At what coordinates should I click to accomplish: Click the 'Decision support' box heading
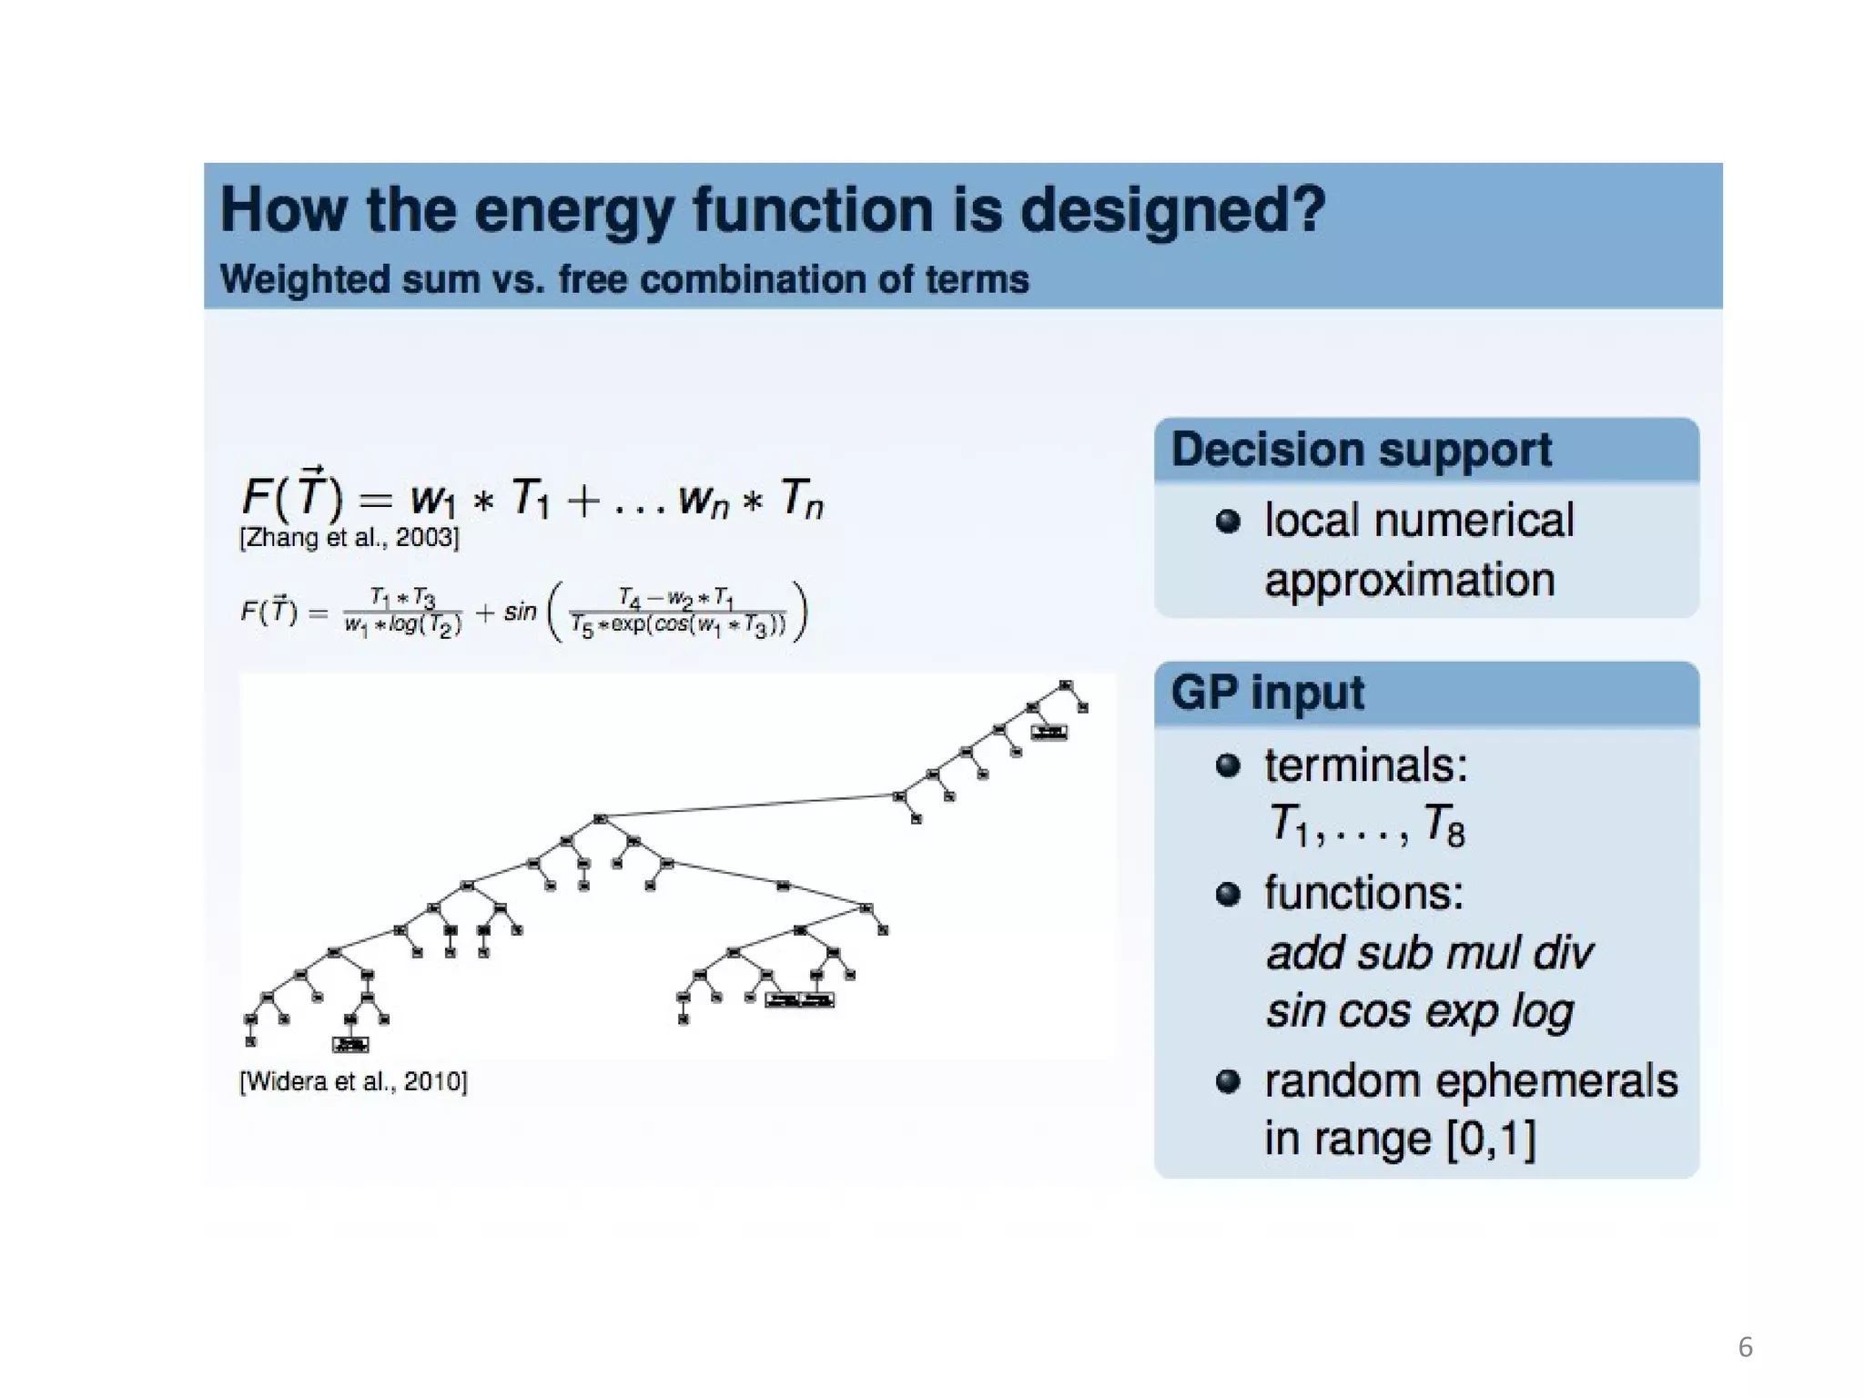click(1361, 450)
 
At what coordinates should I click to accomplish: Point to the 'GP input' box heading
click(1267, 693)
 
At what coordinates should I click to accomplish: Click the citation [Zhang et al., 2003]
click(349, 538)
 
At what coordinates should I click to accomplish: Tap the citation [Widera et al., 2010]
click(353, 1081)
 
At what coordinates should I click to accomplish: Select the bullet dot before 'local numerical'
click(1228, 522)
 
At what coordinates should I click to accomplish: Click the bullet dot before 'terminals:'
click(1228, 765)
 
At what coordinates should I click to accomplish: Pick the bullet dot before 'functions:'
click(1228, 894)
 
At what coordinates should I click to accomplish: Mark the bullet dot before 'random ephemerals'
click(1228, 1081)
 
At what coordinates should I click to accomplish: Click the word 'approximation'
click(1409, 581)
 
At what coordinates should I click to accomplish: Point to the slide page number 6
click(1745, 1347)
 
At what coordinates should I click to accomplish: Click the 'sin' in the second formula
click(520, 612)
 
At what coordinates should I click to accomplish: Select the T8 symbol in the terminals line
click(1444, 825)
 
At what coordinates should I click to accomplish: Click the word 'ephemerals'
click(1561, 1081)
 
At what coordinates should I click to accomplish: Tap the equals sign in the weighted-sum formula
click(375, 500)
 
